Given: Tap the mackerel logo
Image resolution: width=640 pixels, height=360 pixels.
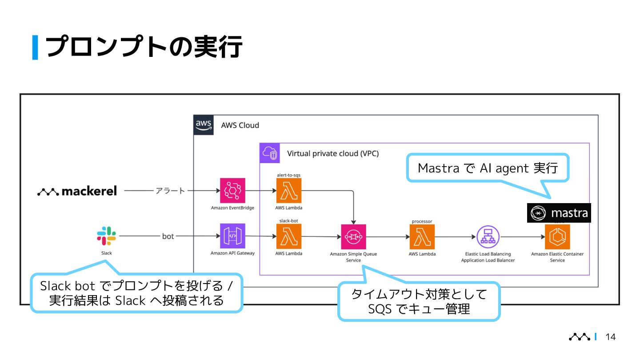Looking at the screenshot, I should (x=77, y=191).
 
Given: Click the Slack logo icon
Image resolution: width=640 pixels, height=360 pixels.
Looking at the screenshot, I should (x=107, y=236).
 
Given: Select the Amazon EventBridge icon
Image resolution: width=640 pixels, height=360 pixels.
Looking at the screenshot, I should (x=232, y=191).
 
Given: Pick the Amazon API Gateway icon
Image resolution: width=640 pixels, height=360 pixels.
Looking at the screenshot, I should (x=232, y=236).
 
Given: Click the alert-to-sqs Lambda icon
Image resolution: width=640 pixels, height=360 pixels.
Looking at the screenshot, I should (x=288, y=191).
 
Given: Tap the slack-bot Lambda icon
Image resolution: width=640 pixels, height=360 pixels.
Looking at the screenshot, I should (x=288, y=236).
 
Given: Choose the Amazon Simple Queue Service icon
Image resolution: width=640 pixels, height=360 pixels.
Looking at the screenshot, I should (x=353, y=237).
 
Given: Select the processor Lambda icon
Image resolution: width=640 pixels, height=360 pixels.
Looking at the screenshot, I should (x=422, y=237).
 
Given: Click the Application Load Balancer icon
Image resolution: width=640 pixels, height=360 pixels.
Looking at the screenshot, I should (x=488, y=237).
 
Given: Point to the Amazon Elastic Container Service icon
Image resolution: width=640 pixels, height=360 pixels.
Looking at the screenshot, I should (x=557, y=237).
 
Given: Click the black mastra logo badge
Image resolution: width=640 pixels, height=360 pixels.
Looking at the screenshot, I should (x=559, y=213).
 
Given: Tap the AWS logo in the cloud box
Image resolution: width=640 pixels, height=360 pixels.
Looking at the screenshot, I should (x=204, y=125).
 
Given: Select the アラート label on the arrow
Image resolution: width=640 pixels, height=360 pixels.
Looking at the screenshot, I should (x=170, y=191).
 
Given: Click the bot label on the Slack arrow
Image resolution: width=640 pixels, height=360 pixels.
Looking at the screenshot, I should (x=168, y=236).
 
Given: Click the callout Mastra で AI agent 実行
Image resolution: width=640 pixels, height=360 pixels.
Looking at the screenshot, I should (x=488, y=168).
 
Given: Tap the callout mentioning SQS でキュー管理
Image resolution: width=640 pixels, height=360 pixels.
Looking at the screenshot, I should (x=419, y=301).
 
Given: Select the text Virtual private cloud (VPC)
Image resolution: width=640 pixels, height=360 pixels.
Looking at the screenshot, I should (x=333, y=154).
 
